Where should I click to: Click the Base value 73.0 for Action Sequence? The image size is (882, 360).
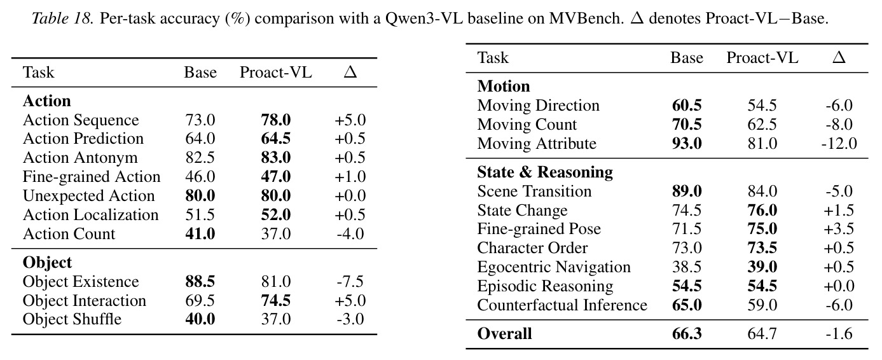200,120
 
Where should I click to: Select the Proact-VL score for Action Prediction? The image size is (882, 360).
275,139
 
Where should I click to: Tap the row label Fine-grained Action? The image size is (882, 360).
92,177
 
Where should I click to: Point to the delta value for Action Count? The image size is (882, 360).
350,234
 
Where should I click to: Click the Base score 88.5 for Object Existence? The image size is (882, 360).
200,282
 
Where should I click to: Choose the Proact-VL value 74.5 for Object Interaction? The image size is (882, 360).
275,300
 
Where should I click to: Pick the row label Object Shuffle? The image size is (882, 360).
72,319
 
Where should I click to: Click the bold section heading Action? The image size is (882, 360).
47,101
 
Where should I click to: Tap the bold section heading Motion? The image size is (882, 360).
504,87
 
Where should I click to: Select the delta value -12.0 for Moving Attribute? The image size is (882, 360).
839,143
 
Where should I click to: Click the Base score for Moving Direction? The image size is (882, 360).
687,105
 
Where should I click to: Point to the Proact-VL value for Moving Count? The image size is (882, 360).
762,125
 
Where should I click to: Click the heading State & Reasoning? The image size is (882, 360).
545,172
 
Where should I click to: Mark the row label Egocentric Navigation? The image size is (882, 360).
554,267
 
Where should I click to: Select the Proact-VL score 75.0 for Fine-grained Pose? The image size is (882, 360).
762,229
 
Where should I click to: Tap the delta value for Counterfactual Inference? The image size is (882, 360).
839,305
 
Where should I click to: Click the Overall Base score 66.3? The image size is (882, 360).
687,334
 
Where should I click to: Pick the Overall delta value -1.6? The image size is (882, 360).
839,334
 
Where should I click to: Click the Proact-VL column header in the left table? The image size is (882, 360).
275,72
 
